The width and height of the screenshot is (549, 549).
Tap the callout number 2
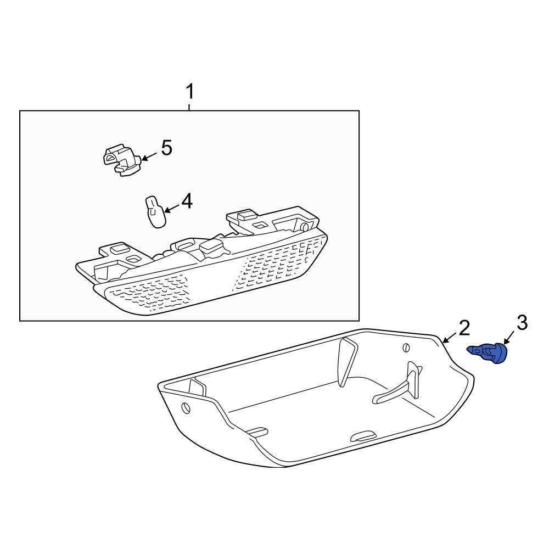[464, 328]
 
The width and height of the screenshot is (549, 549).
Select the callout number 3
[522, 323]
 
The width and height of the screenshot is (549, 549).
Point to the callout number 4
[187, 201]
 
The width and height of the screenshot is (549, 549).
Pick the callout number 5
[166, 148]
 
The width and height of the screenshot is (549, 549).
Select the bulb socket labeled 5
[121, 161]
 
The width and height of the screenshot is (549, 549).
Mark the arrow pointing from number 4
[171, 209]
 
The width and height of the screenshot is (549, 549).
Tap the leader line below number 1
[189, 105]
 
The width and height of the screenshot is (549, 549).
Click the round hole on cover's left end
[186, 408]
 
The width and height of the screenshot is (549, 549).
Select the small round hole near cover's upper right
[406, 348]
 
